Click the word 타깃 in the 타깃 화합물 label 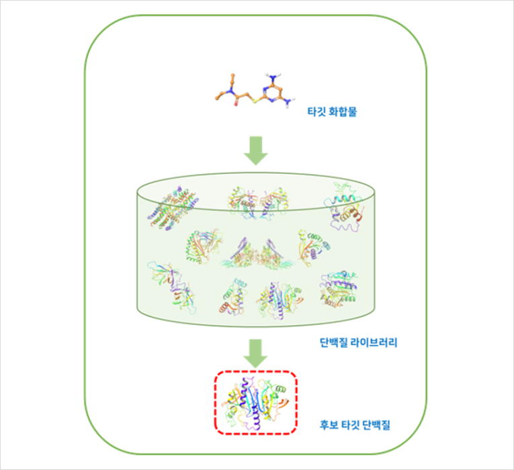[316, 111]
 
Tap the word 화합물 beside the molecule [343, 111]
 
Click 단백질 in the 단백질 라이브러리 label [333, 342]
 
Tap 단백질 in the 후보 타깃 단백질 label [376, 425]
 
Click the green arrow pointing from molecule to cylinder [256, 150]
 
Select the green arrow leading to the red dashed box [255, 353]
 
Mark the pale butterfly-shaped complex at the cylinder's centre [256, 254]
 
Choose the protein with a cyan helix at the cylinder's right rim [345, 207]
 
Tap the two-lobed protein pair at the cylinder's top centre [258, 202]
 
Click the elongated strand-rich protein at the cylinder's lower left [171, 287]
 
